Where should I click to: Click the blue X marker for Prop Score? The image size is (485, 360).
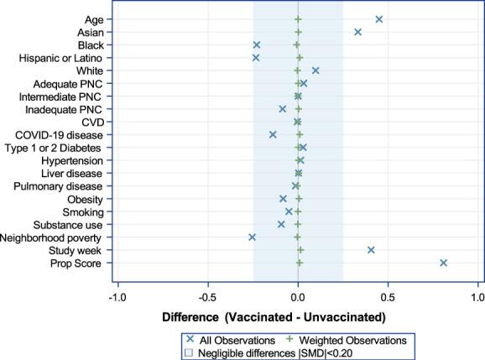pos(444,263)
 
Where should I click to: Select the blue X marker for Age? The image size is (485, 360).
pos(379,19)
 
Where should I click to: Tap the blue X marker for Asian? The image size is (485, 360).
pos(358,32)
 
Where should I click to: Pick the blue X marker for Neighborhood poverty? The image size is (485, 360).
pos(253,237)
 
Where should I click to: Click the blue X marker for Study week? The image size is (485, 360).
pos(371,250)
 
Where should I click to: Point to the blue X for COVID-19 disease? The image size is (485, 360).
pos(273,134)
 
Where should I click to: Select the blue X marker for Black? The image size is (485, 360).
pos(257,44)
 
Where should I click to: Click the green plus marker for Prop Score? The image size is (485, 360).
pos(300,263)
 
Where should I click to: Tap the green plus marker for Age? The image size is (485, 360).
pos(299,19)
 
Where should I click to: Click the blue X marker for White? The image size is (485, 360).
pos(316,70)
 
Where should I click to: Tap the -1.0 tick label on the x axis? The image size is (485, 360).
pos(118,296)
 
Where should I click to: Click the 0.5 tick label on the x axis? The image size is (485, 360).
pos(388,296)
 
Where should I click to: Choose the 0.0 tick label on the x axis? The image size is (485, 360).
pos(298,296)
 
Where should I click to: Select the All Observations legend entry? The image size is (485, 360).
pos(231,340)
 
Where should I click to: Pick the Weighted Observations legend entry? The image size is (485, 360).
pos(352,340)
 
